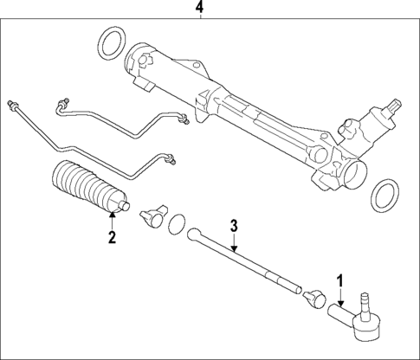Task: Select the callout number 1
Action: (340, 281)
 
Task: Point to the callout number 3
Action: (233, 227)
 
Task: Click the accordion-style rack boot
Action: (87, 187)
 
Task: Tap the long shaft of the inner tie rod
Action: (247, 259)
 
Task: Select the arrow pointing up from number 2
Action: (111, 219)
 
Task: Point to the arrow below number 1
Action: (341, 299)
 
